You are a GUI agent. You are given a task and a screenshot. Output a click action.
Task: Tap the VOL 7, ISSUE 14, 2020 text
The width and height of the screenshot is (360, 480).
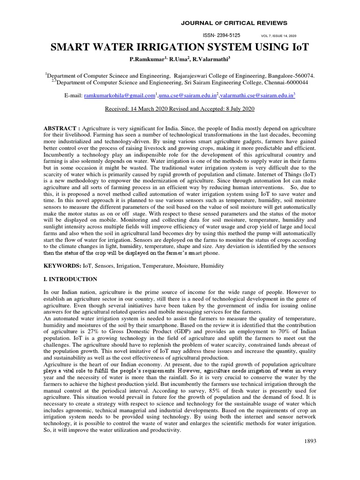(x=278, y=36)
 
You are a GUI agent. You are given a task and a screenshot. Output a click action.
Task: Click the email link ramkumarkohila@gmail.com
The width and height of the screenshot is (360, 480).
(x=119, y=95)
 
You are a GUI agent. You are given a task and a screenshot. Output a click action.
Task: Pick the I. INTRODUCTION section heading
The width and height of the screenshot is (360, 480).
(x=70, y=279)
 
